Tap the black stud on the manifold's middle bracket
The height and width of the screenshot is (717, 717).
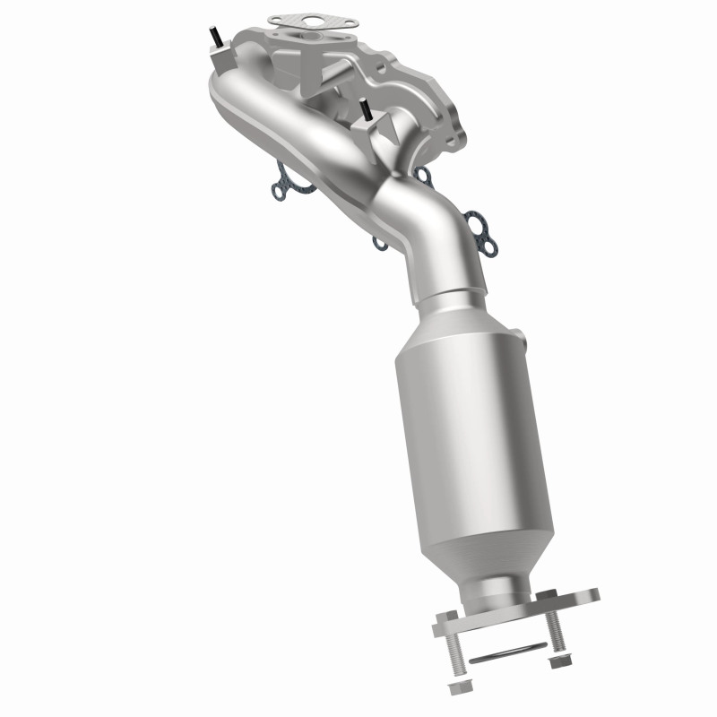pos(365,110)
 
